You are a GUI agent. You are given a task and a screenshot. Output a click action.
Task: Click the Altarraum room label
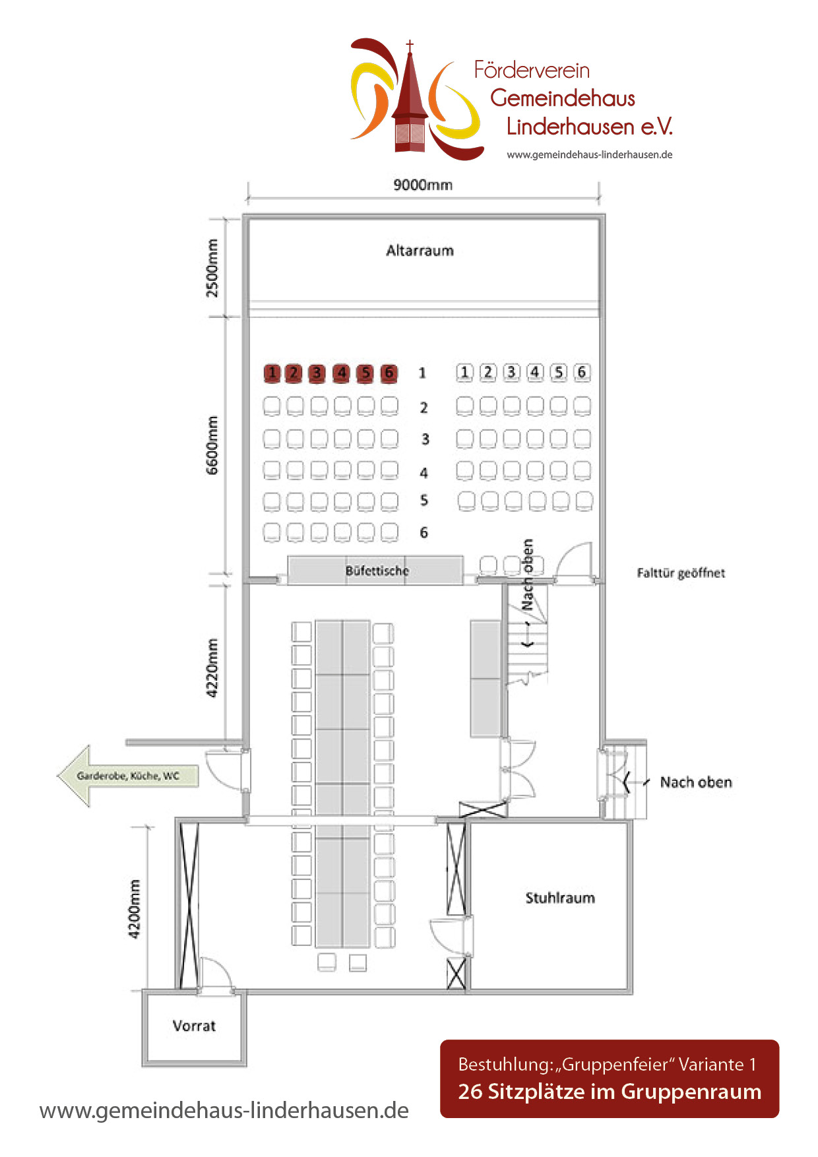click(x=420, y=251)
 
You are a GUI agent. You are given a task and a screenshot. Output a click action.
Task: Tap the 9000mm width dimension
click(x=423, y=185)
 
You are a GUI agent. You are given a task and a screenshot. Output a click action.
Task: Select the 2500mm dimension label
click(x=212, y=268)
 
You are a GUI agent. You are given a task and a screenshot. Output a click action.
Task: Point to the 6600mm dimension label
click(x=212, y=445)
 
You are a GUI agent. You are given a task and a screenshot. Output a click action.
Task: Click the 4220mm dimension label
click(x=212, y=668)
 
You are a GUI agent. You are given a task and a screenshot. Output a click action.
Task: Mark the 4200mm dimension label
click(x=135, y=909)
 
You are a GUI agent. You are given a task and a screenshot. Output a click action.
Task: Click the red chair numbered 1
click(x=271, y=373)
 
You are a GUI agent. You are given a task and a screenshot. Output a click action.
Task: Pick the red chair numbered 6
click(x=389, y=373)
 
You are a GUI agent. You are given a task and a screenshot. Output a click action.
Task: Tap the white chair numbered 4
click(x=535, y=372)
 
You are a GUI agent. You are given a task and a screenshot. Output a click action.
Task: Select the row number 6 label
click(x=424, y=532)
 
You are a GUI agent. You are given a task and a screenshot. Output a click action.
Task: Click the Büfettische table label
click(x=377, y=571)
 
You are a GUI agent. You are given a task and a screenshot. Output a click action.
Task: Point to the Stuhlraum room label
click(x=560, y=898)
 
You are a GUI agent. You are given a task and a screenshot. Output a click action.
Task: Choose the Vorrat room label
click(x=194, y=1026)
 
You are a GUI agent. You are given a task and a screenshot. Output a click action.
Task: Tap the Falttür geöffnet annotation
click(x=681, y=573)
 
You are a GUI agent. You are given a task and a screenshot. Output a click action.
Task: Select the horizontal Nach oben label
click(x=696, y=782)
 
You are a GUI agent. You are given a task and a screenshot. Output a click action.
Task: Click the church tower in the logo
click(x=410, y=99)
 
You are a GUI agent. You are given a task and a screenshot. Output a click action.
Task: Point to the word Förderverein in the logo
click(x=532, y=70)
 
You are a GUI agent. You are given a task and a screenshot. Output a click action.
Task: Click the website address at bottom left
click(x=224, y=1110)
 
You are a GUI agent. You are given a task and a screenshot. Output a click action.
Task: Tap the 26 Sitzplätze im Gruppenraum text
click(x=610, y=1092)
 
